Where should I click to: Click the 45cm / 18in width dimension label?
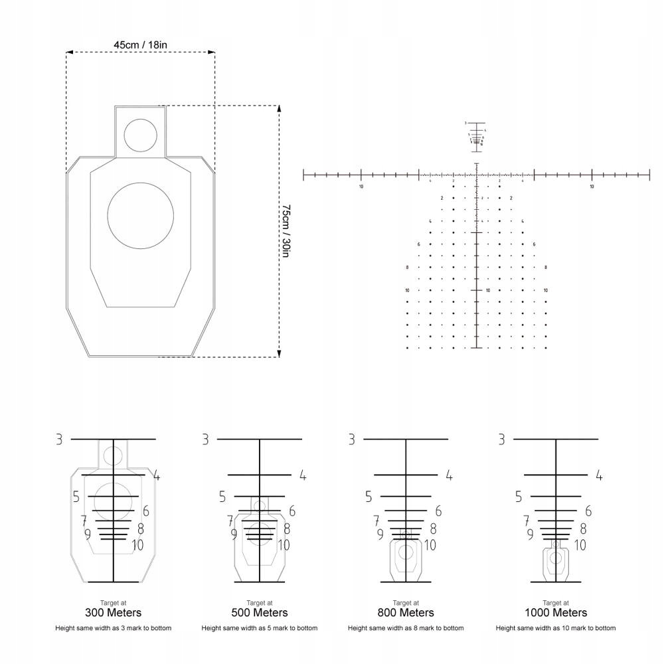(140, 44)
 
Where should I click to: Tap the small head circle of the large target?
(140, 134)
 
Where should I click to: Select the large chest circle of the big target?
(140, 216)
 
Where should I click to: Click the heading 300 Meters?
(114, 612)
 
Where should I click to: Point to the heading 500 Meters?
(260, 612)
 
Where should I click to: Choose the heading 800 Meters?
(406, 612)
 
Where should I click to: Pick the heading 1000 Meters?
(556, 612)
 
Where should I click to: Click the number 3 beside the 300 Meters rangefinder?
(59, 439)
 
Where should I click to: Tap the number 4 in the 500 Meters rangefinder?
(302, 475)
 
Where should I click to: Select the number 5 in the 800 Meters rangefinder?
(368, 497)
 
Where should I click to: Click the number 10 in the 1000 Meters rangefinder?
(580, 545)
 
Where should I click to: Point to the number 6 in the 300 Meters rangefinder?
(145, 511)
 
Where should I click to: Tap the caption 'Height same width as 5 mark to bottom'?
(260, 627)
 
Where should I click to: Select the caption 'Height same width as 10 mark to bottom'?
(556, 627)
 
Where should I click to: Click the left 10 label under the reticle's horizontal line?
(361, 187)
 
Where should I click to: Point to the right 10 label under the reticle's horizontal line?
(592, 187)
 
